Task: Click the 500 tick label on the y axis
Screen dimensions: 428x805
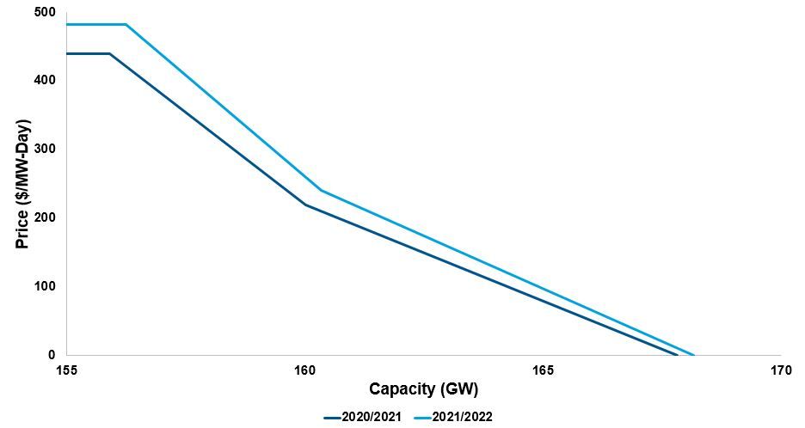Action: tap(44, 12)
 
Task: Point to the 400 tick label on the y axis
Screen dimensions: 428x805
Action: tap(44, 80)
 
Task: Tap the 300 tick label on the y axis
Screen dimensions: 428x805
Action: tap(44, 149)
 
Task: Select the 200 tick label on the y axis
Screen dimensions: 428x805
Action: tap(44, 217)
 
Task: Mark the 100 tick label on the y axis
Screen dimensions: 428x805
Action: tap(44, 286)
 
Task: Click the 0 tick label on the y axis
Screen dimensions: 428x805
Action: tap(52, 354)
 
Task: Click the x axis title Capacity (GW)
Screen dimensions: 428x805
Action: tap(424, 390)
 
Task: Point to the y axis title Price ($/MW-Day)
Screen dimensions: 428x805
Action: tap(23, 182)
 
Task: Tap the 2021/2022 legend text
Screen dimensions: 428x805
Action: tap(464, 417)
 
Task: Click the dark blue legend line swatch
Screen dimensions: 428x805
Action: tap(334, 417)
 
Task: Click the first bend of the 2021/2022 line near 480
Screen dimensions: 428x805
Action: tap(126, 24)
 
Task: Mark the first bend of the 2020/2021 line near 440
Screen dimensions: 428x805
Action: tap(110, 53)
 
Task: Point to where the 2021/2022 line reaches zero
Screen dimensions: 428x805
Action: tap(693, 354)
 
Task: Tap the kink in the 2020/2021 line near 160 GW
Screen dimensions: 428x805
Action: tap(305, 205)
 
